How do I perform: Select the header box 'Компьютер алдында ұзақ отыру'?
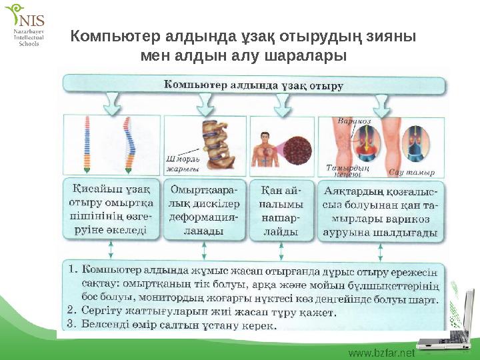coord(253,85)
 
